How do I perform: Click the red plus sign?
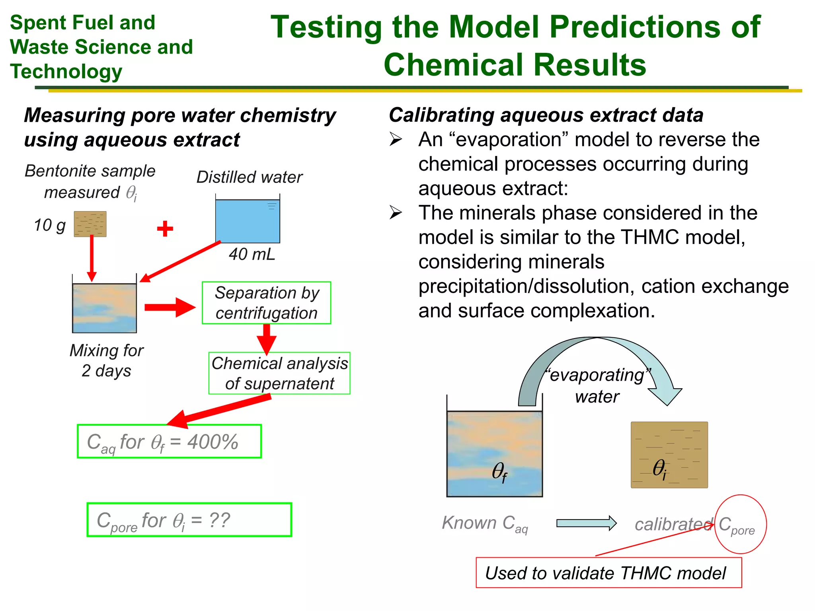pos(165,229)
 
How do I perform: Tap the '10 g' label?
pos(50,225)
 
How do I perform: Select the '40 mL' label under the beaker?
pos(252,254)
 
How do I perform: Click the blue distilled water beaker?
pos(248,221)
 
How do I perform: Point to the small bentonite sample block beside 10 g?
pos(90,224)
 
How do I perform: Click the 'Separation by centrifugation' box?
pos(266,303)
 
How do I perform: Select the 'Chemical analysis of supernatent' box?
pos(279,373)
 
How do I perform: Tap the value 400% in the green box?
pos(213,442)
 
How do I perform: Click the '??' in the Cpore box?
pos(219,520)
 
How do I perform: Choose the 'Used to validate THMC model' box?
pos(608,573)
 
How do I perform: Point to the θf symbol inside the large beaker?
pos(499,472)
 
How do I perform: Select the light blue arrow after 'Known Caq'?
pos(586,523)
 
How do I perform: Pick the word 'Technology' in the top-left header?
pos(66,72)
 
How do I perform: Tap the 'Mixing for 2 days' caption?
pos(106,360)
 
